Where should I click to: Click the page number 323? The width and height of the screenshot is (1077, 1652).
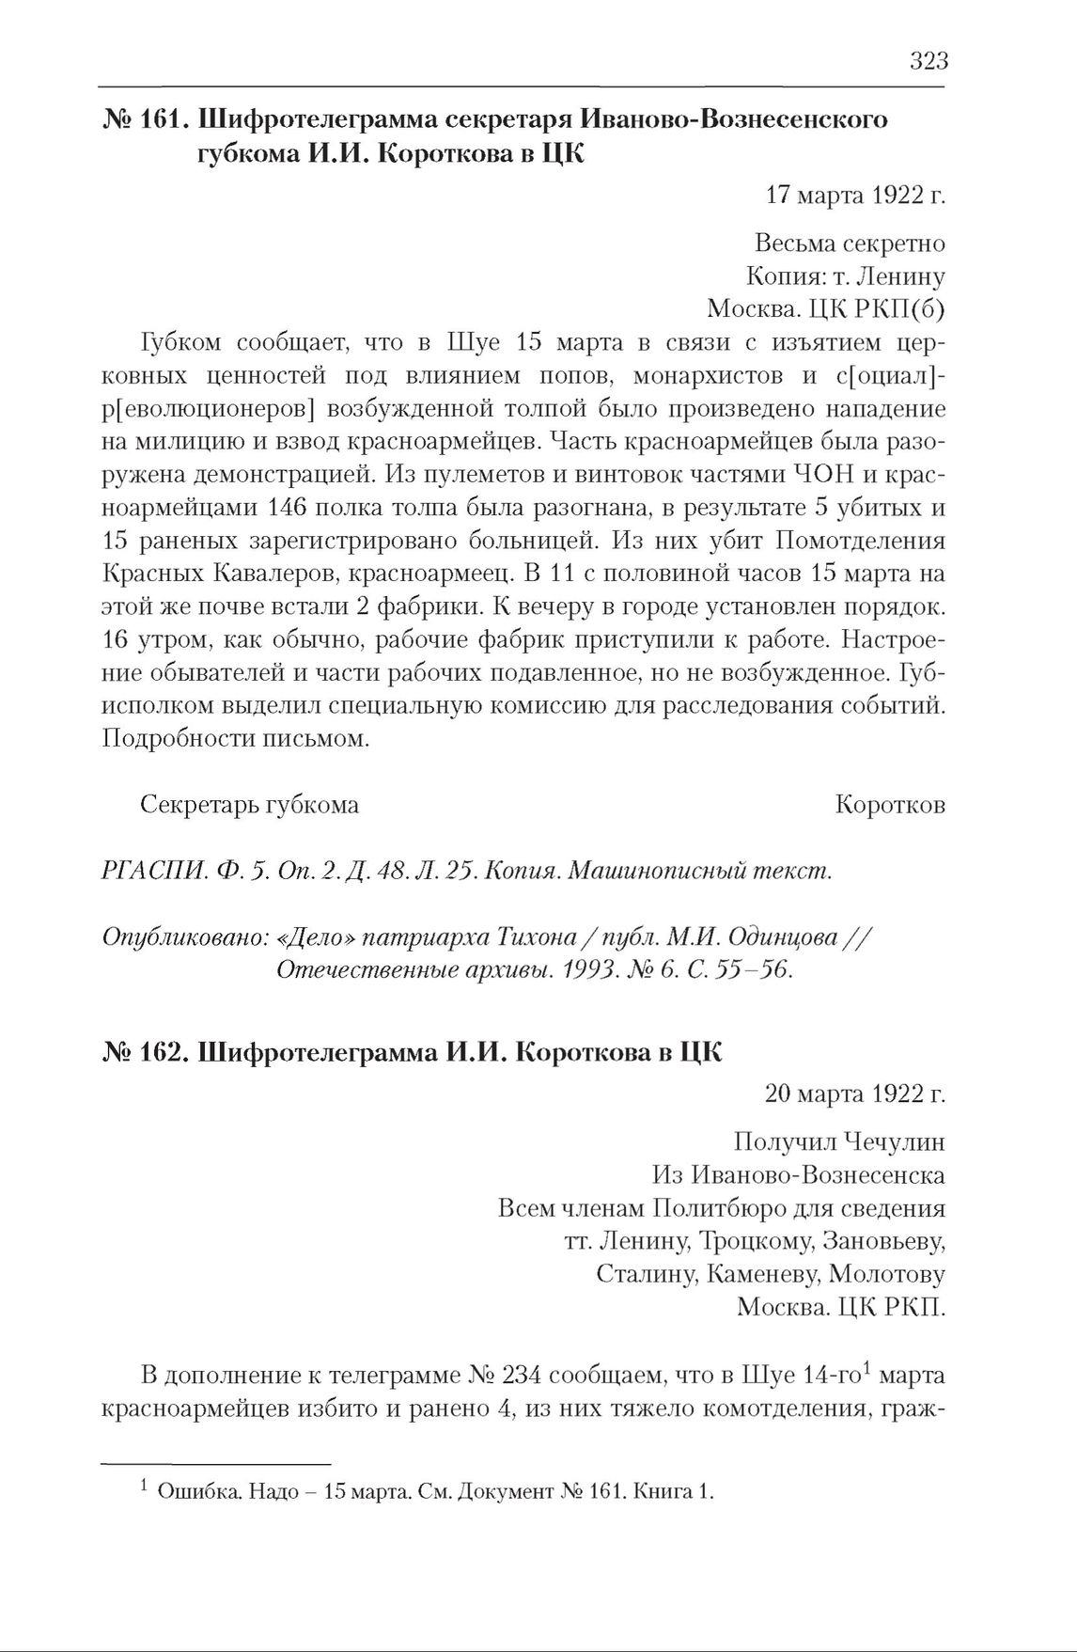click(929, 62)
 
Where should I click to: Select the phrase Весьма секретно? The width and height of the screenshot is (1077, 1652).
click(850, 244)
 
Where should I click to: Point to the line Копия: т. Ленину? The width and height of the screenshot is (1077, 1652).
click(845, 276)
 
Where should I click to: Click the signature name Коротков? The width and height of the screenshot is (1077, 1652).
click(889, 805)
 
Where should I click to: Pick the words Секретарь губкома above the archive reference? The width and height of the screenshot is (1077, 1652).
click(249, 805)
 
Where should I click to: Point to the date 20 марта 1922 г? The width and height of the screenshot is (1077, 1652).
click(855, 1093)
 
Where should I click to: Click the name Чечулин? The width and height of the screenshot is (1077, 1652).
click(893, 1141)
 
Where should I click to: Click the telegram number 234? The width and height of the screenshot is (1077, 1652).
click(521, 1376)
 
